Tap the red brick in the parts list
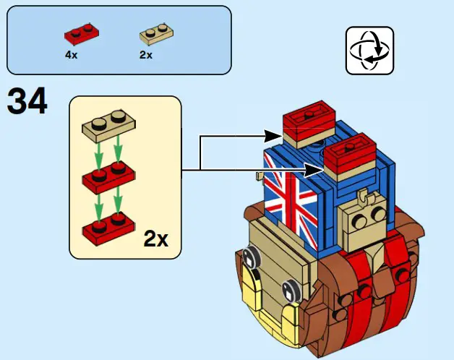pos(82,33)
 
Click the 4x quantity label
pos(72,54)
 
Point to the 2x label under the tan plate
pos(145,55)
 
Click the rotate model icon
pos(369,51)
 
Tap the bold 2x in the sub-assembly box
pos(155,238)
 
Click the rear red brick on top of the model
pos(308,117)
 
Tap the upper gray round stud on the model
pos(253,257)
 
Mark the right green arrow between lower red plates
pos(117,203)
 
